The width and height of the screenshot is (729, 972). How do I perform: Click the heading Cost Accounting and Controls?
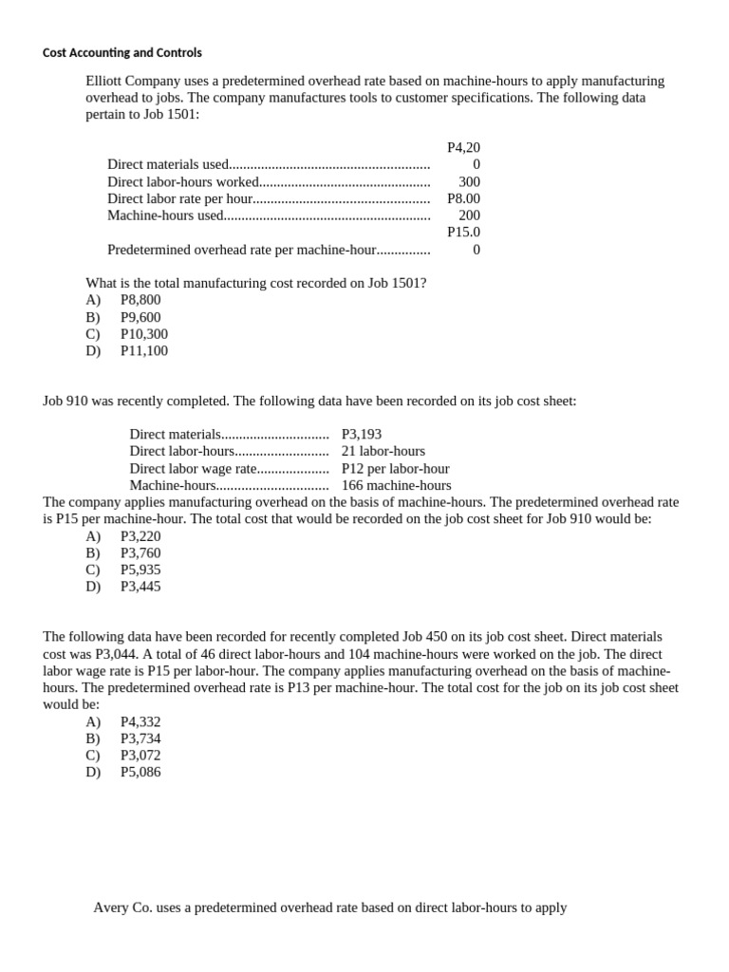tap(122, 52)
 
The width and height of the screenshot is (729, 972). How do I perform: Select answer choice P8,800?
tap(140, 300)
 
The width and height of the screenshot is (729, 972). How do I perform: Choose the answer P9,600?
tap(140, 317)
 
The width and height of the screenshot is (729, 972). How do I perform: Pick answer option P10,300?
tap(144, 334)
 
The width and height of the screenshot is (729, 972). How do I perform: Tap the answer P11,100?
tap(144, 351)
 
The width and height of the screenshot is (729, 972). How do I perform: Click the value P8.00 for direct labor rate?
tap(463, 198)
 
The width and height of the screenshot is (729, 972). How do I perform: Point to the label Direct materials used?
tap(168, 164)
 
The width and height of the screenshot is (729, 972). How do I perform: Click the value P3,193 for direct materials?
tap(362, 435)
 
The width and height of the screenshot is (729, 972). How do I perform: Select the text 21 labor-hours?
tap(383, 452)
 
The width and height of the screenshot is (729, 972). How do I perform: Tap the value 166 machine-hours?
tap(396, 485)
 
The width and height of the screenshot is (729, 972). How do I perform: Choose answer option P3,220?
tap(140, 536)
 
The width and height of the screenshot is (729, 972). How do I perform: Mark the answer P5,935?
tap(140, 570)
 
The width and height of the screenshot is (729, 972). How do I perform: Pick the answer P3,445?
tap(140, 587)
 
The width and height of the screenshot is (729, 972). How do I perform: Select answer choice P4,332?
tap(140, 722)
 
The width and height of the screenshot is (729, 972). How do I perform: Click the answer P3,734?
tap(140, 738)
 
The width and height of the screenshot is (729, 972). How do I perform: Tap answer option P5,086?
tap(140, 773)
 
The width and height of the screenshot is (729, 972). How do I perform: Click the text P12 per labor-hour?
tap(395, 469)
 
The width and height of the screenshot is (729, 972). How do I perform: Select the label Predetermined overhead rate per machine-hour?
tap(242, 250)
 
